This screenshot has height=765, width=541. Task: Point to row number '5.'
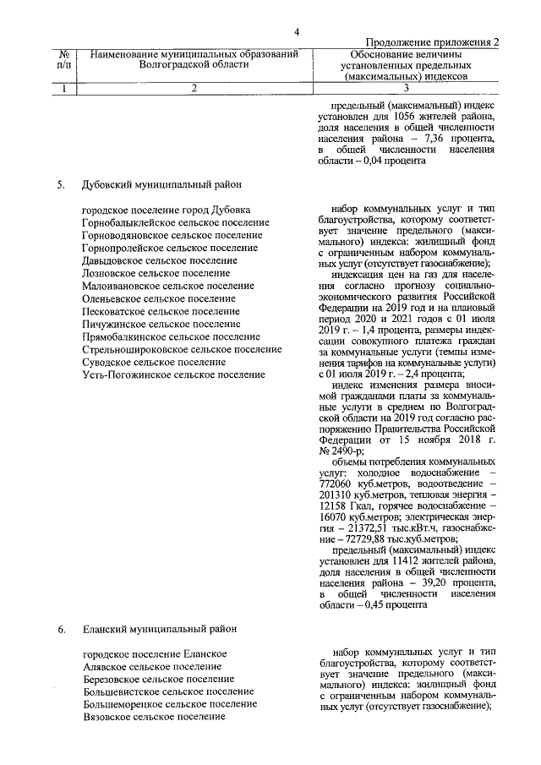coord(61,183)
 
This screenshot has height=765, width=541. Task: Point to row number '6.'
coord(61,629)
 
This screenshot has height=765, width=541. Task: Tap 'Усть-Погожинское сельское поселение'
coord(173,374)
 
